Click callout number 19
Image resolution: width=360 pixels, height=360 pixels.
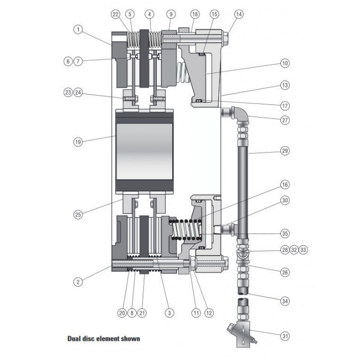(x=78, y=142)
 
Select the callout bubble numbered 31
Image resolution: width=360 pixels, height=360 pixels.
(x=285, y=336)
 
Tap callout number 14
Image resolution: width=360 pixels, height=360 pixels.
(x=239, y=14)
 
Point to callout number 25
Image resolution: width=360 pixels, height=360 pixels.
(x=78, y=214)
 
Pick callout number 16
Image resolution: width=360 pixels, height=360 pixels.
(x=285, y=185)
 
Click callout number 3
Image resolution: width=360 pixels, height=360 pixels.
(x=169, y=313)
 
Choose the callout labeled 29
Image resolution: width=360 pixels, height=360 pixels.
(x=285, y=151)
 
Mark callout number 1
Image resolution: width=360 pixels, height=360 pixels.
(x=78, y=30)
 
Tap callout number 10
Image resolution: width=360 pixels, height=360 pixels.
(x=285, y=63)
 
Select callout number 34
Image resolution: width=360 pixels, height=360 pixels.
(x=285, y=301)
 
